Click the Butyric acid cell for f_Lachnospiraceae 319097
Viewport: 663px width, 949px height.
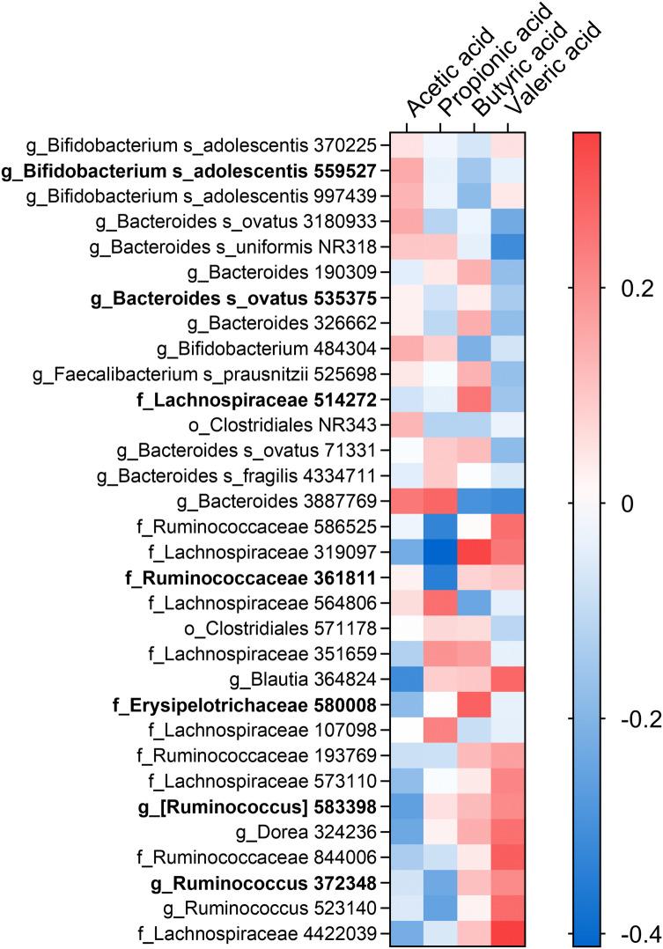[x=475, y=553]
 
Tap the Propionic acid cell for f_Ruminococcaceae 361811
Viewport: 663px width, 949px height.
[x=440, y=578]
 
